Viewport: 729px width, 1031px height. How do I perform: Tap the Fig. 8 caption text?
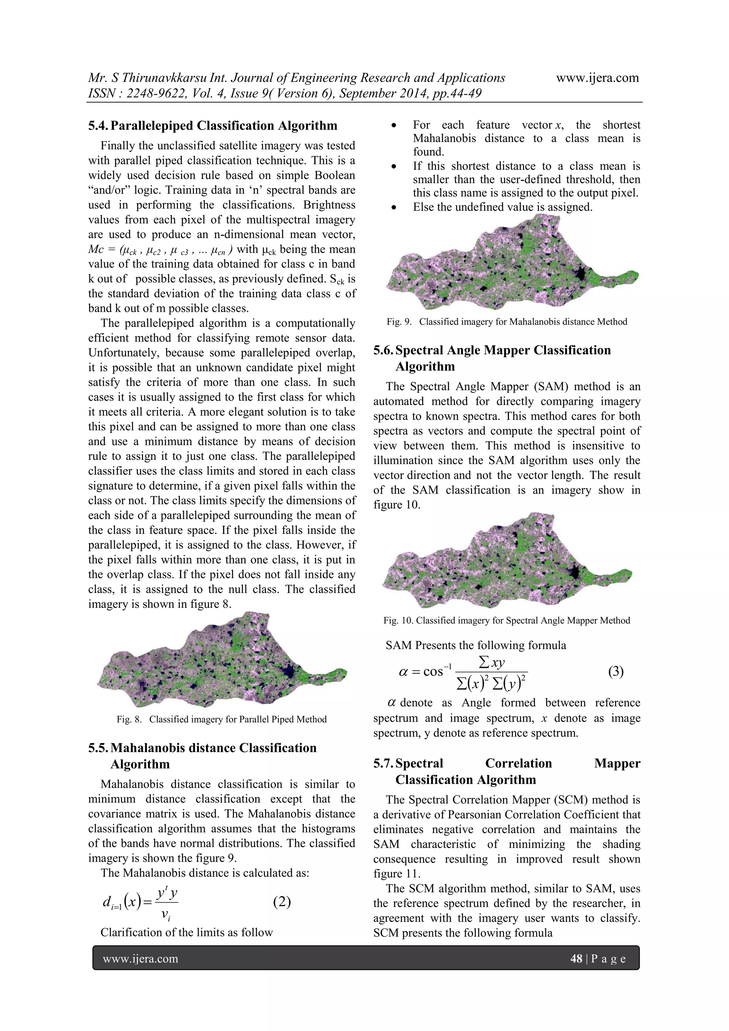(221, 719)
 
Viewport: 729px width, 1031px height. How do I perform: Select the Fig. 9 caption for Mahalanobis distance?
(507, 322)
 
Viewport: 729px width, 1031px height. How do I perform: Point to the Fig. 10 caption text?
(507, 621)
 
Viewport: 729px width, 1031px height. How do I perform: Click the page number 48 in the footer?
(576, 959)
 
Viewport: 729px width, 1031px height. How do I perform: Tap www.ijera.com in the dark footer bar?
(141, 959)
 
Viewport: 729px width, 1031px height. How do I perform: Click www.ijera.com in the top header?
(597, 78)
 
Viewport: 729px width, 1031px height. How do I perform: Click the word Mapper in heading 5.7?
(617, 763)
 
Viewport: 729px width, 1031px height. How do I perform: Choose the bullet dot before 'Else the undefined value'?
(393, 207)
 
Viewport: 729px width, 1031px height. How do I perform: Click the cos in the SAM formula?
(433, 672)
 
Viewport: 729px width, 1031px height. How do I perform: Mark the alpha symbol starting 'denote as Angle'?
(392, 703)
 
